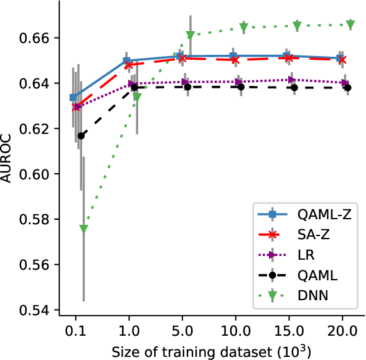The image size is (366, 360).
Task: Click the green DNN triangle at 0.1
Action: tap(84, 229)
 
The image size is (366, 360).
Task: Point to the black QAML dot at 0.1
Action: tap(80, 135)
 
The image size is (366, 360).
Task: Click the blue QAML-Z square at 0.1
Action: tap(73, 97)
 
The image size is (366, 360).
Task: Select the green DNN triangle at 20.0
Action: tap(350, 24)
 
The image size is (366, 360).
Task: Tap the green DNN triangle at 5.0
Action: tap(190, 35)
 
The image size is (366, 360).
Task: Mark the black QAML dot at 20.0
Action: tap(347, 88)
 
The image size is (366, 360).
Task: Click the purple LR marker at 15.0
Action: tap(291, 80)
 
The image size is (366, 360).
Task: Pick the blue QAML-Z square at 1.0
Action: tap(126, 61)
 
